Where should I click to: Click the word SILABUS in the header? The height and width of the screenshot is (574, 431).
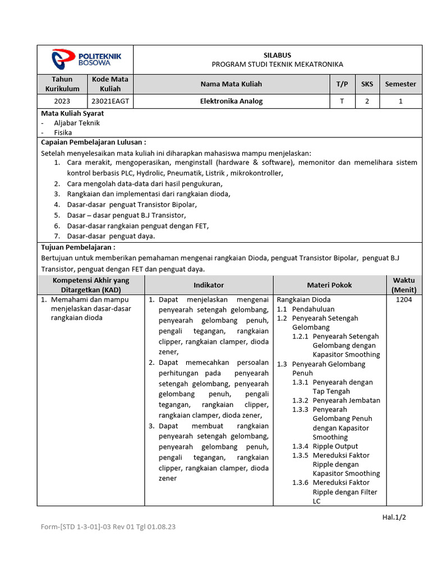[x=277, y=55]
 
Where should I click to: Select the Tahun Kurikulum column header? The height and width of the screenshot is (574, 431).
[x=62, y=84]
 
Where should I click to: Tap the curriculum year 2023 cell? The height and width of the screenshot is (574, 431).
[x=62, y=101]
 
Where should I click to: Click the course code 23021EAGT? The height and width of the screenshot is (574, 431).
[x=111, y=101]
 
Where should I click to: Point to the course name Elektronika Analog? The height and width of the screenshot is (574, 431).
[x=231, y=101]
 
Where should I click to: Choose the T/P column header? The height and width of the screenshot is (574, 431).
[x=342, y=84]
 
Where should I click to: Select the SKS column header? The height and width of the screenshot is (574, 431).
[x=367, y=84]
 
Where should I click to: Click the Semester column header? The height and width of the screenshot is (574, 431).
[x=401, y=84]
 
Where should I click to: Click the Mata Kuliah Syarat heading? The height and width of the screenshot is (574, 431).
[x=72, y=113]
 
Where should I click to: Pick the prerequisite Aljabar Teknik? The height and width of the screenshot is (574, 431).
[x=77, y=123]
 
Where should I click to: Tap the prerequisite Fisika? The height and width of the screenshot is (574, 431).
[x=63, y=133]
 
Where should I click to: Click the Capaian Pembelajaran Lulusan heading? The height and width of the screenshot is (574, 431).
[x=94, y=142]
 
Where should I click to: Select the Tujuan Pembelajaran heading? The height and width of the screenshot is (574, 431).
[x=79, y=247]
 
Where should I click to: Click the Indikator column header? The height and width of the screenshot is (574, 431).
[x=209, y=285]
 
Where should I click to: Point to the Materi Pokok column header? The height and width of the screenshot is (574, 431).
[x=329, y=285]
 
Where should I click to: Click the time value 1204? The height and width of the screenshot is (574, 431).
[x=404, y=300]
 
